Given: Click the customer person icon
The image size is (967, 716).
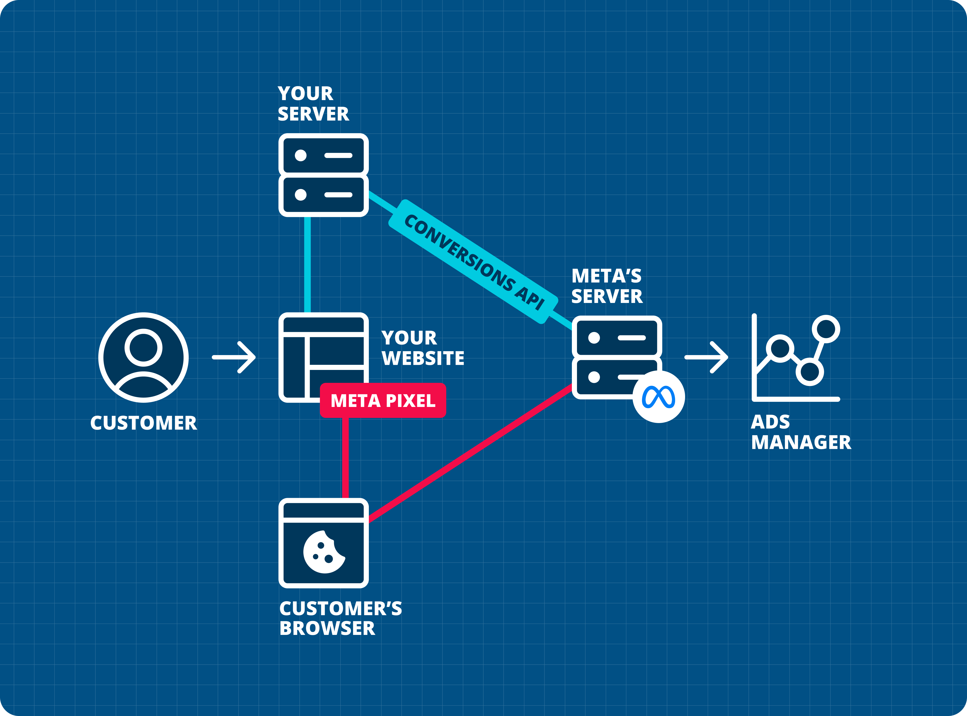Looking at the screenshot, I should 143,358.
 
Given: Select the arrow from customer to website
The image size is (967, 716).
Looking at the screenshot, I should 234,358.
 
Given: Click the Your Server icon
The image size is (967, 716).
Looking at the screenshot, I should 323,175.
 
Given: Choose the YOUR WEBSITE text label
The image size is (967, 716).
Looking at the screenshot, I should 422,348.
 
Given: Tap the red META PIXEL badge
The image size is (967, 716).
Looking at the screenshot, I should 382,400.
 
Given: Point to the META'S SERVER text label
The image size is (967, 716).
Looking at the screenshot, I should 606,286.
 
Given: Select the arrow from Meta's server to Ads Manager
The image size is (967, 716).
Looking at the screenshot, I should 706,358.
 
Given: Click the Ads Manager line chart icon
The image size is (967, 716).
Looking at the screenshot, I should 795,358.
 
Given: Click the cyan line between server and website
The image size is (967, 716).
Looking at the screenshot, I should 307,264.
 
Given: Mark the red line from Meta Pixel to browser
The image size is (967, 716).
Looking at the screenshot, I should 345,457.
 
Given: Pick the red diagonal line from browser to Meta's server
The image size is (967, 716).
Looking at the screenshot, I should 470,453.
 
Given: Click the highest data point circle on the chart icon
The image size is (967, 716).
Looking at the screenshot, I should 826,329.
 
